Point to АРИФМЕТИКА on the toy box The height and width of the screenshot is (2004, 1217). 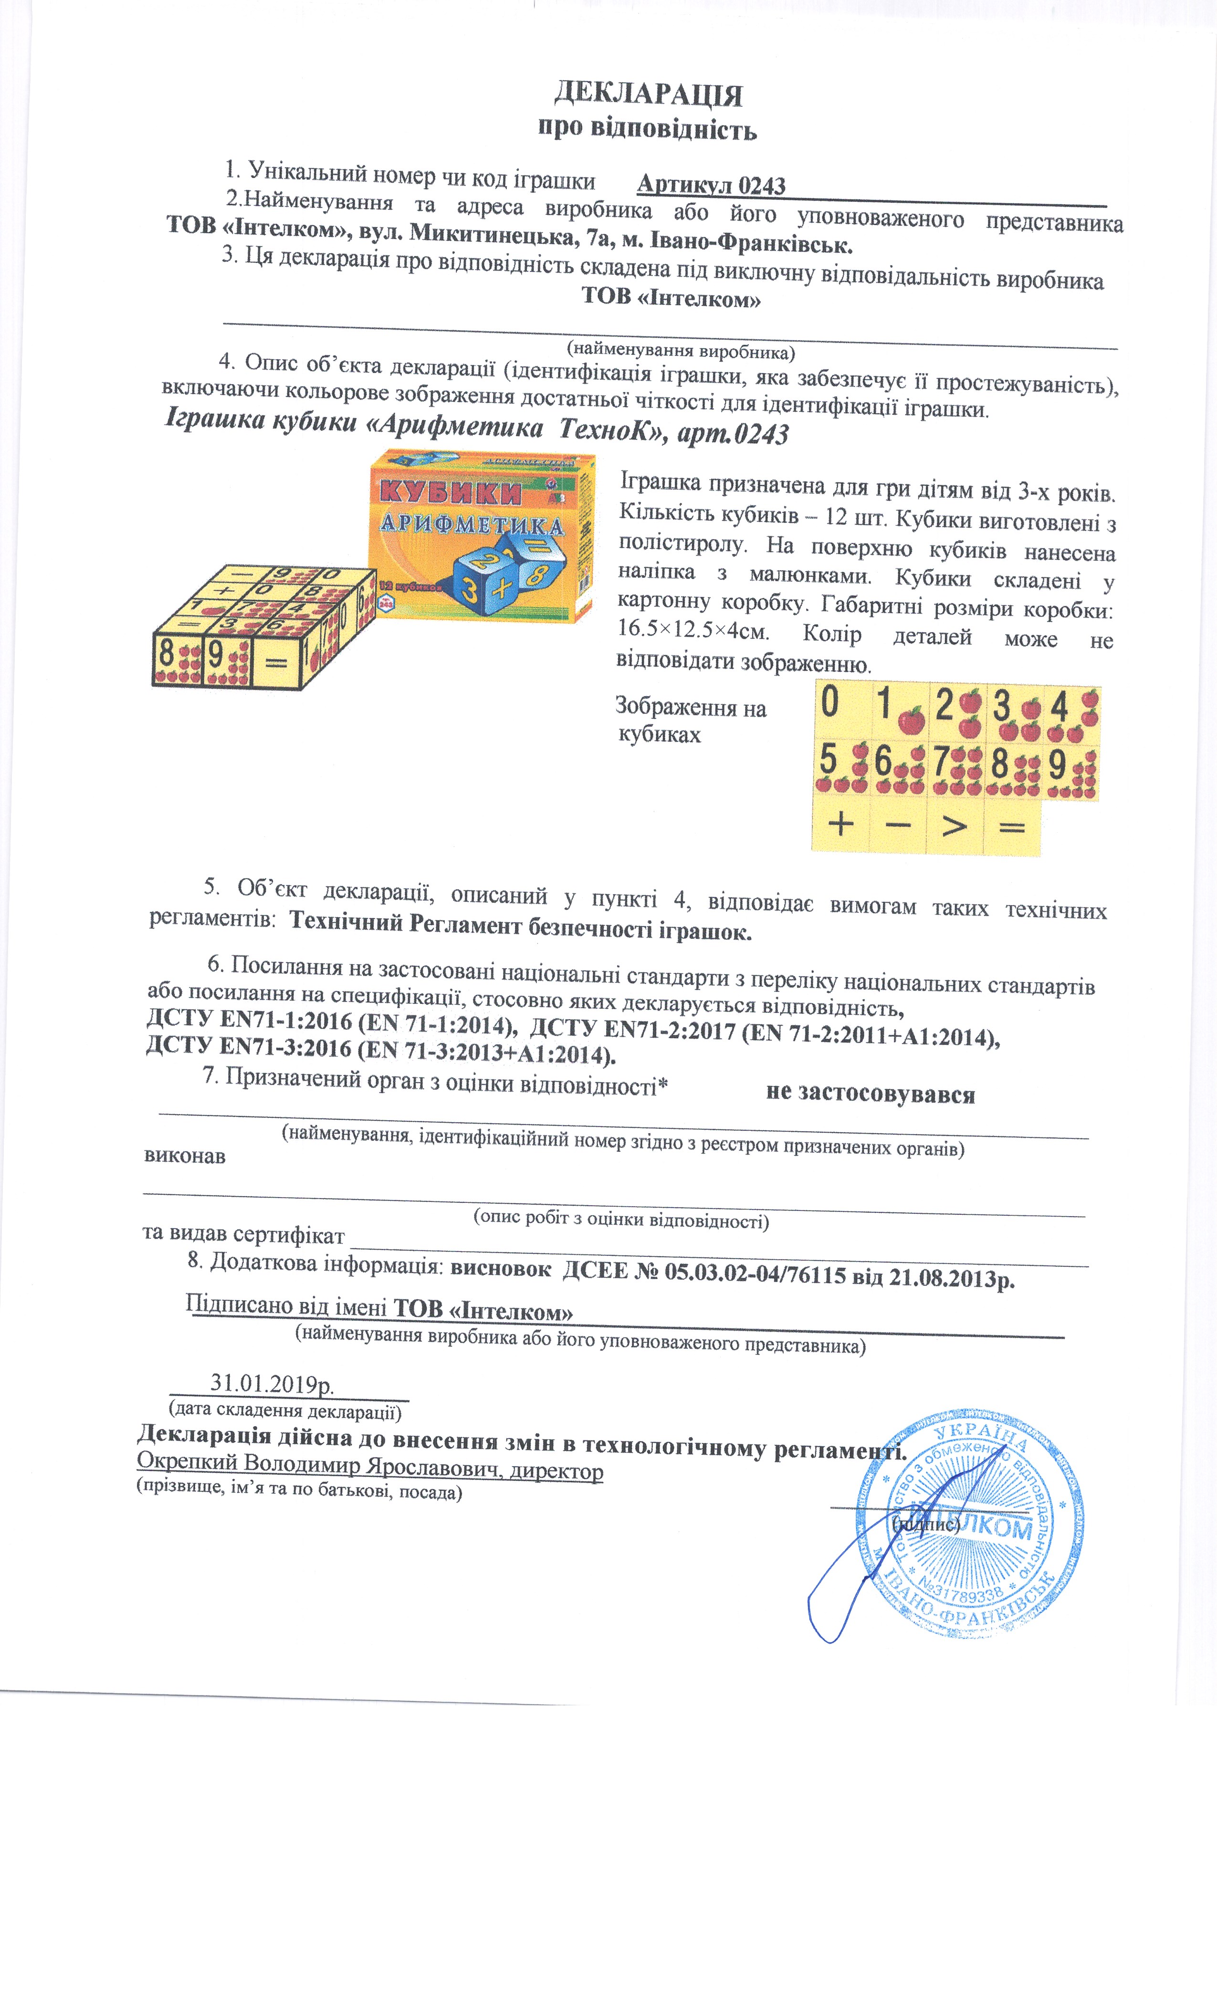click(x=472, y=524)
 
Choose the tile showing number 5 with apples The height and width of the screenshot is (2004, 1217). click(x=840, y=766)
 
